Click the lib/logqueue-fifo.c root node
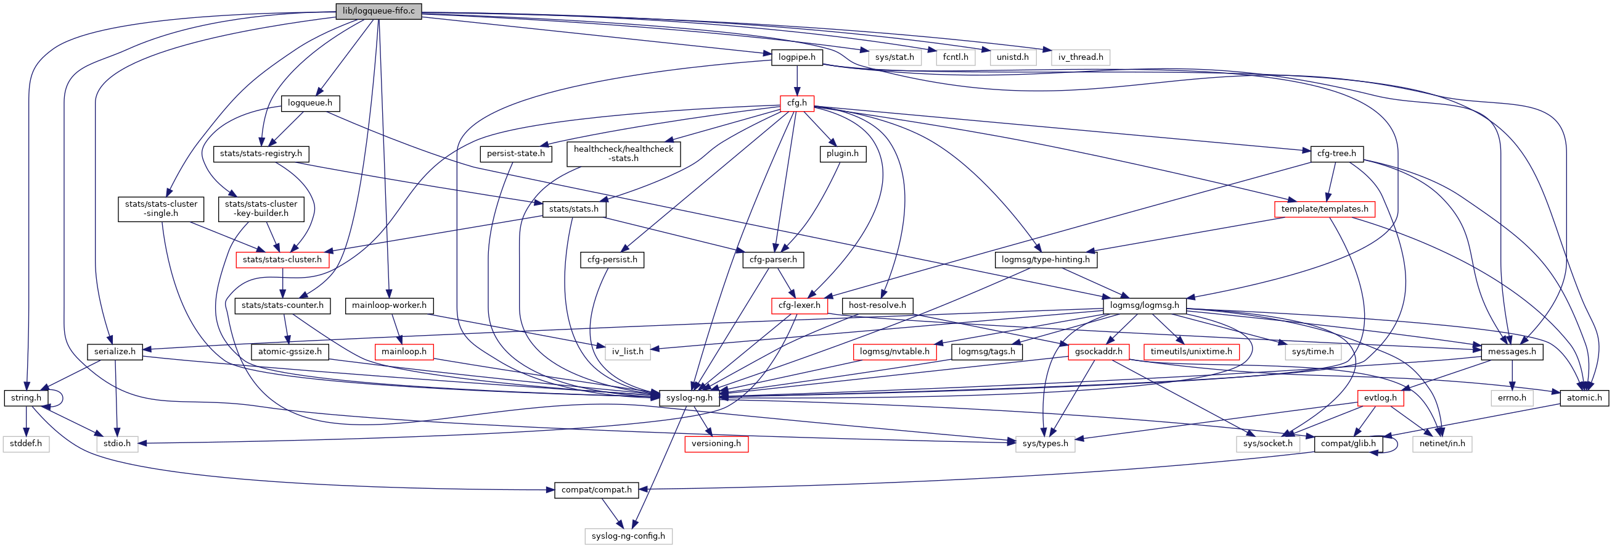pyautogui.click(x=378, y=11)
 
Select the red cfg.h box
pyautogui.click(x=796, y=102)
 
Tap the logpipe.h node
pyautogui.click(x=796, y=57)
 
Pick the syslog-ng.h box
pyautogui.click(x=689, y=397)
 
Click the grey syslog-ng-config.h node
pyautogui.click(x=628, y=536)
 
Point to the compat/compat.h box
pyautogui.click(x=596, y=490)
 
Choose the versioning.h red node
pyautogui.click(x=716, y=444)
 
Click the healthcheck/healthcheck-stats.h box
pyautogui.click(x=623, y=154)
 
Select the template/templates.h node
pyautogui.click(x=1324, y=209)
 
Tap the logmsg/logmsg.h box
pyautogui.click(x=1144, y=305)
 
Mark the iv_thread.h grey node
pyautogui.click(x=1081, y=57)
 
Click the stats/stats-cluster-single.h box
pyautogui.click(x=161, y=209)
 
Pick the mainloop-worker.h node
pyautogui.click(x=389, y=305)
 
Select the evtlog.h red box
pyautogui.click(x=1380, y=397)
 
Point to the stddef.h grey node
pyautogui.click(x=27, y=444)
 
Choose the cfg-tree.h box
pyautogui.click(x=1336, y=154)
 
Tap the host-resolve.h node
pyautogui.click(x=877, y=305)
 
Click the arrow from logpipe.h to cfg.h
pyautogui.click(x=796, y=80)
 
